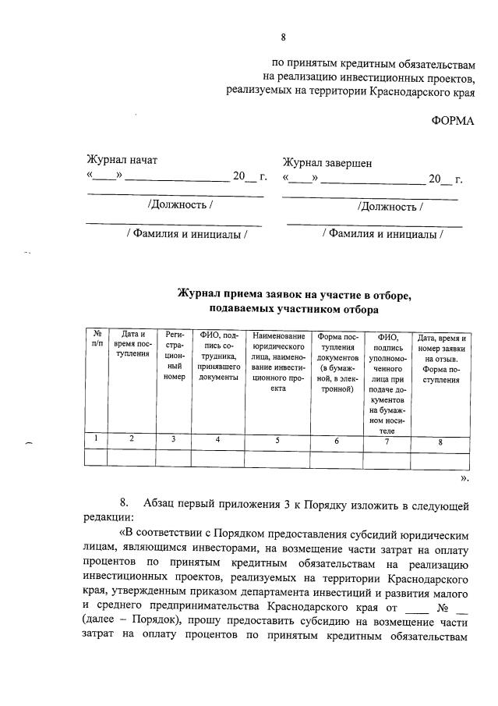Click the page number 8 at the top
pyautogui.click(x=284, y=37)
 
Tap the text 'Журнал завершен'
pyautogui.click(x=327, y=163)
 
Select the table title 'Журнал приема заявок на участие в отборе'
pyautogui.click(x=293, y=295)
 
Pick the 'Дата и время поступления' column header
pyautogui.click(x=132, y=344)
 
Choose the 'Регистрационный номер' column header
pyautogui.click(x=174, y=356)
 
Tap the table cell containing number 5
pyautogui.click(x=278, y=440)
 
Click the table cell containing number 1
pyautogui.click(x=96, y=438)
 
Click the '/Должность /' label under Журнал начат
pyautogui.click(x=180, y=205)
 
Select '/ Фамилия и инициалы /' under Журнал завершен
pyautogui.click(x=383, y=233)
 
